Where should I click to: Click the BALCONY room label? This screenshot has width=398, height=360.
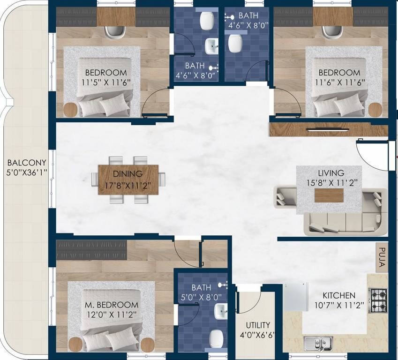pyautogui.click(x=26, y=163)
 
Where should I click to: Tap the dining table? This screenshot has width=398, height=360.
pyautogui.click(x=128, y=180)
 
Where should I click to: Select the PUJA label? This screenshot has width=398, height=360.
pyautogui.click(x=382, y=257)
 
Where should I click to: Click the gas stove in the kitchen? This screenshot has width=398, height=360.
pyautogui.click(x=378, y=300)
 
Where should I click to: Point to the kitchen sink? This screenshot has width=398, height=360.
pyautogui.click(x=318, y=344)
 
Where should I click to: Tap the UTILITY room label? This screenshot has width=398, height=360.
pyautogui.click(x=258, y=325)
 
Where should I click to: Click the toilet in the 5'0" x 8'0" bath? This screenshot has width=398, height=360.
pyautogui.click(x=216, y=337)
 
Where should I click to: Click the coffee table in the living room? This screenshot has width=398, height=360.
pyautogui.click(x=329, y=195)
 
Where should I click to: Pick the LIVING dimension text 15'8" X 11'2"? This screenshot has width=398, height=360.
pyautogui.click(x=330, y=183)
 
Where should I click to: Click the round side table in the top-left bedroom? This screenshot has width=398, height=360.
pyautogui.click(x=70, y=110)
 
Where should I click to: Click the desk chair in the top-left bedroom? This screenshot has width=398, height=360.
pyautogui.click(x=115, y=32)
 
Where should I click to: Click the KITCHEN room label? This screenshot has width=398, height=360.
pyautogui.click(x=339, y=296)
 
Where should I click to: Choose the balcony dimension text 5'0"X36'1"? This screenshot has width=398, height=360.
pyautogui.click(x=26, y=172)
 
